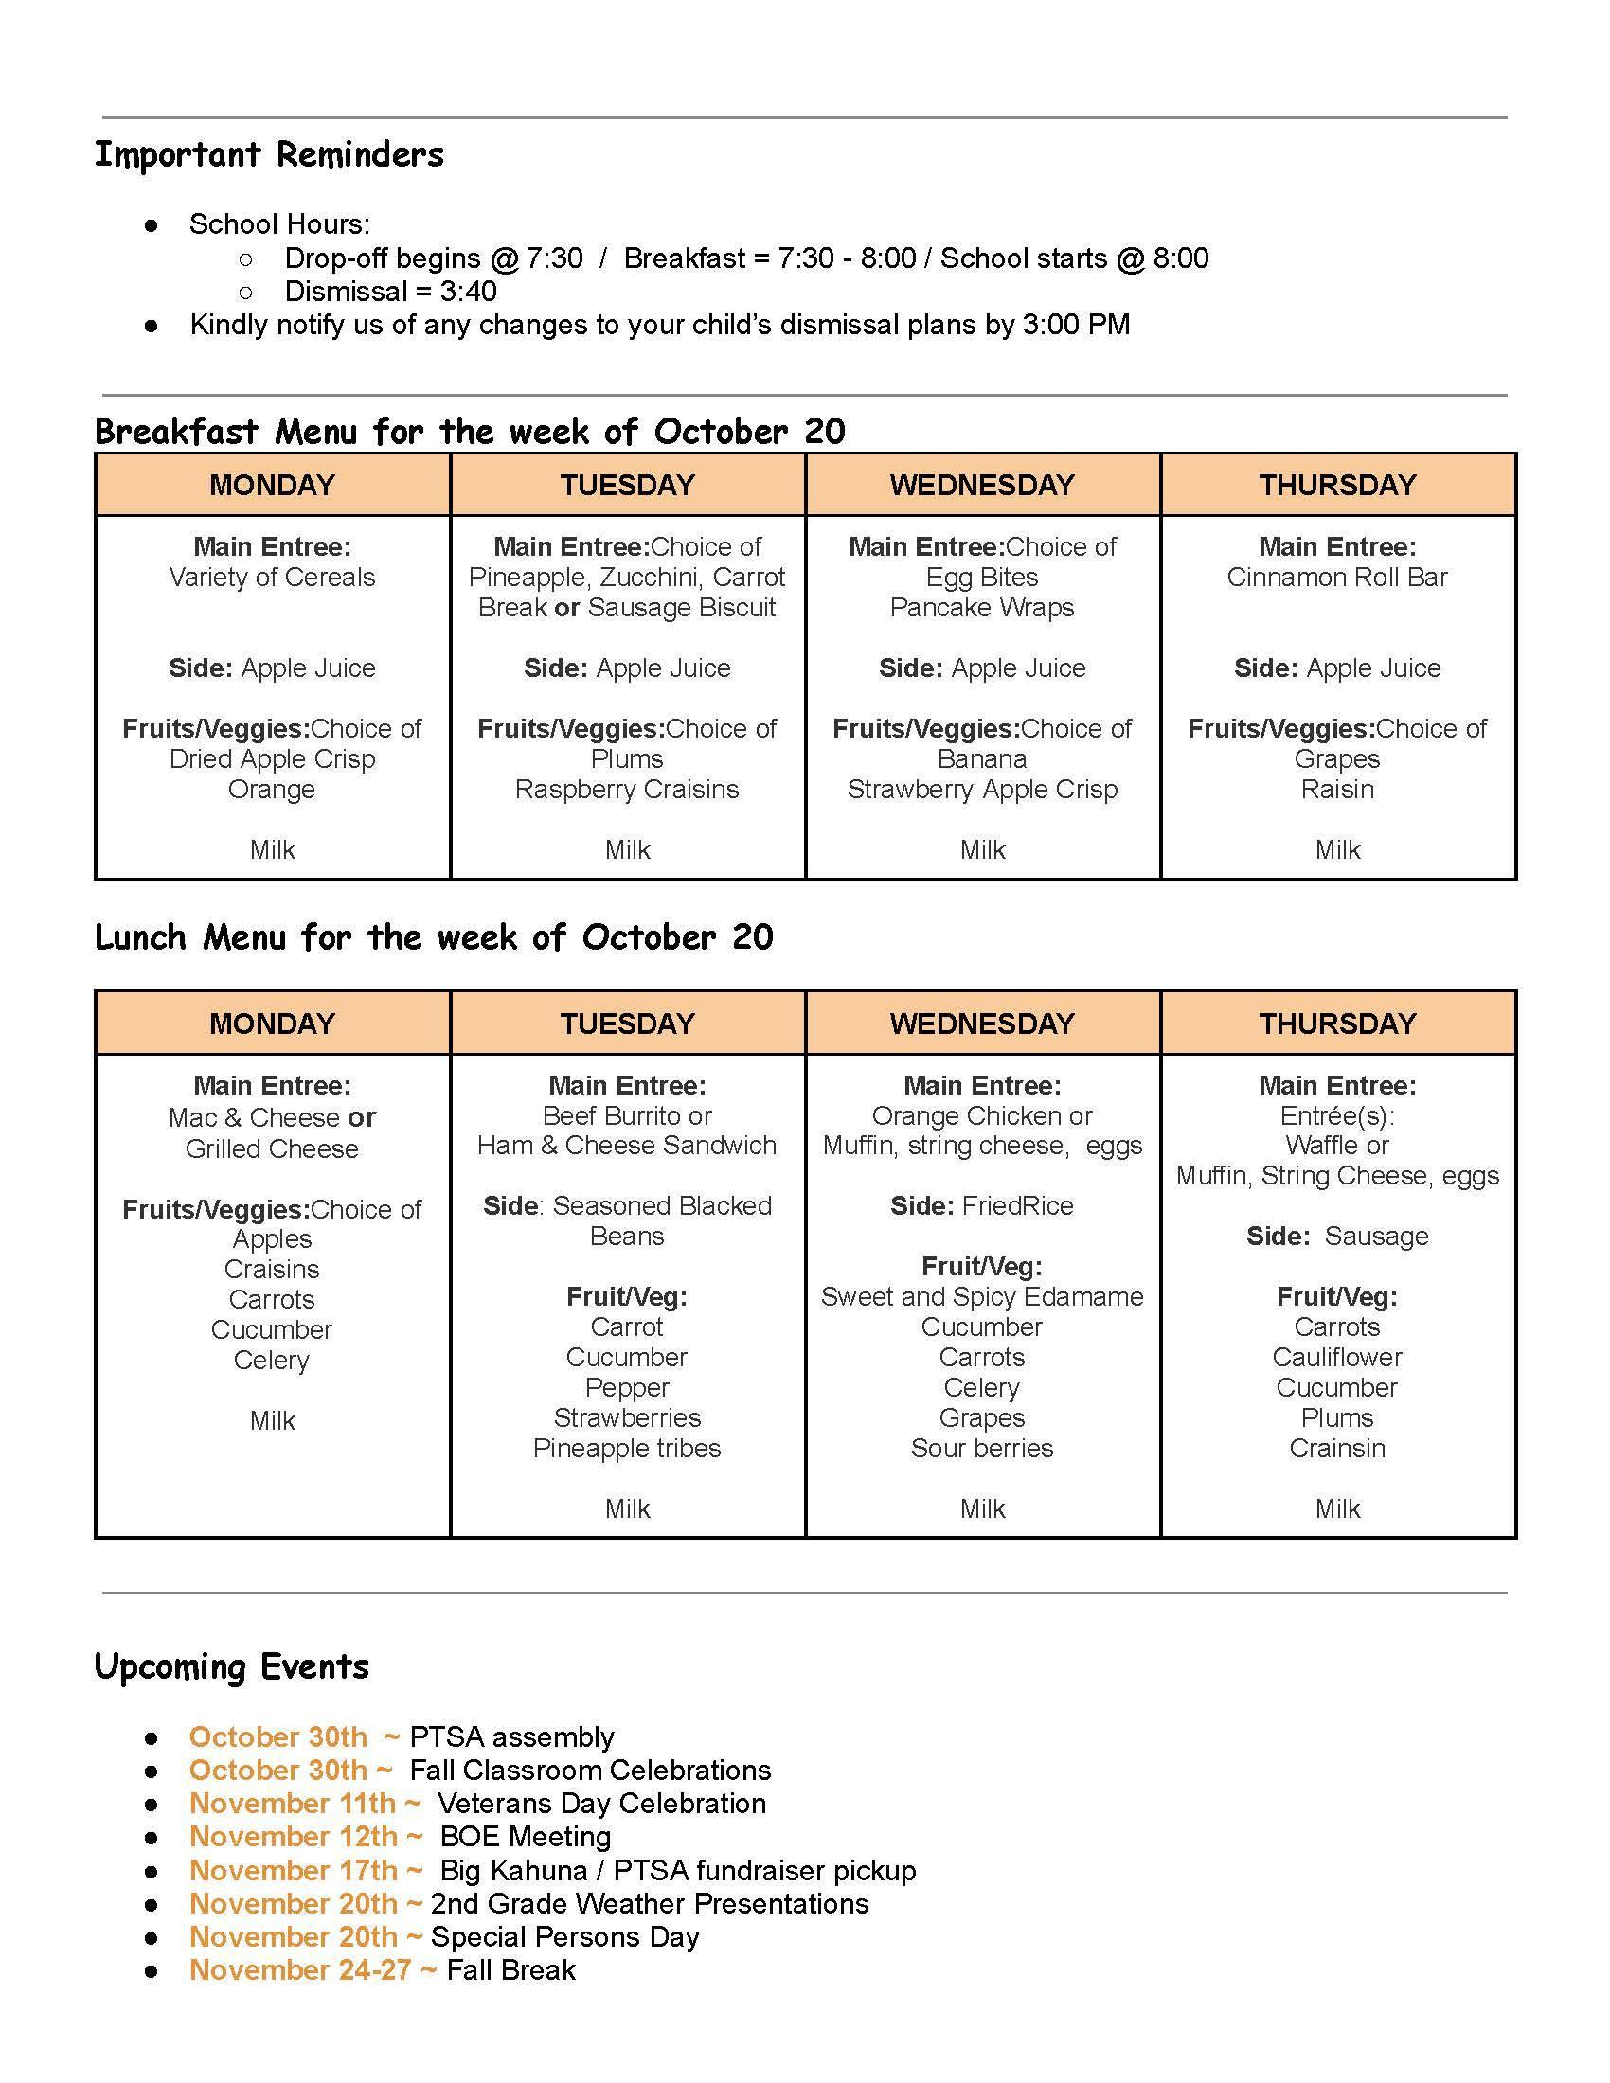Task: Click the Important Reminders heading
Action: (x=269, y=154)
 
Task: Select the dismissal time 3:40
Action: (x=468, y=291)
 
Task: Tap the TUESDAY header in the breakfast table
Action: (x=628, y=485)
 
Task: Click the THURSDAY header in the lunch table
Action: (x=1337, y=1024)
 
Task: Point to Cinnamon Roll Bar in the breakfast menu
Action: (x=1337, y=577)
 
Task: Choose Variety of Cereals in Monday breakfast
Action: (x=272, y=577)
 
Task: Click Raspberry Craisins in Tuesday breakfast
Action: (x=627, y=790)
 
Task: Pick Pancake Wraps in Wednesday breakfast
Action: (x=981, y=608)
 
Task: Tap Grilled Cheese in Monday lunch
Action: (x=272, y=1148)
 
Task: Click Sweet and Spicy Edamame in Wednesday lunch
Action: (x=981, y=1297)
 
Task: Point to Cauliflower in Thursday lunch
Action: (x=1337, y=1357)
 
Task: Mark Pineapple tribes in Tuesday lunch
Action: (x=627, y=1448)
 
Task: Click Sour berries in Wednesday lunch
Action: (x=981, y=1448)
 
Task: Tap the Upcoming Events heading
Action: (x=232, y=1666)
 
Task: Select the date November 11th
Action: (x=292, y=1804)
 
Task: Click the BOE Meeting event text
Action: (x=526, y=1837)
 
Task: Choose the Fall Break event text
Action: (x=511, y=1970)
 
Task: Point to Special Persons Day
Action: (x=565, y=1937)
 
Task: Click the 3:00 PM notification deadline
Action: (x=1076, y=325)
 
